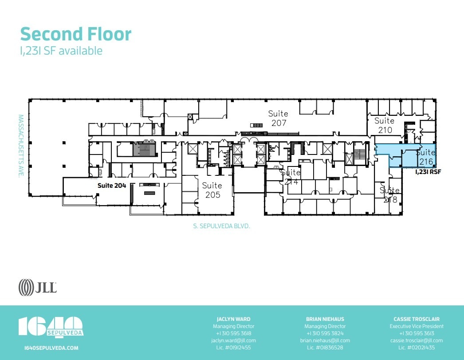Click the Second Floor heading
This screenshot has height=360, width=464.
[x=76, y=34]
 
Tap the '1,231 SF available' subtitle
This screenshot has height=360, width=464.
[x=61, y=51]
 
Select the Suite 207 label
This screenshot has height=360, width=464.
[x=279, y=119]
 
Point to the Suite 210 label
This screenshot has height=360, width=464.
[x=384, y=125]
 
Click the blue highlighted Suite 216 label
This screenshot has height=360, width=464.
[x=425, y=157]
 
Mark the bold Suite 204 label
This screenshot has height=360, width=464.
[x=112, y=186]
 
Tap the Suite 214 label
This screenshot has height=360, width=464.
[x=291, y=177]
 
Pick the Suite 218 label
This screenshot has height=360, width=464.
[x=389, y=195]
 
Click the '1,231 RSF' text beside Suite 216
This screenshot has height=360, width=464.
[x=428, y=172]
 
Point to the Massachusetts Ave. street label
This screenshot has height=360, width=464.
[x=20, y=146]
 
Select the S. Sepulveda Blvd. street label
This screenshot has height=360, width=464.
[x=222, y=226]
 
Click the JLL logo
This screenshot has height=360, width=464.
[x=38, y=287]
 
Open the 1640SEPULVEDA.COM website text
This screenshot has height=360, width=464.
[x=51, y=348]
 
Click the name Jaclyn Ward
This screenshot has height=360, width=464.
[x=233, y=319]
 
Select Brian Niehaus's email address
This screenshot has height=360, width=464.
[x=325, y=340]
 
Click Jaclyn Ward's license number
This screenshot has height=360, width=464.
[x=233, y=348]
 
